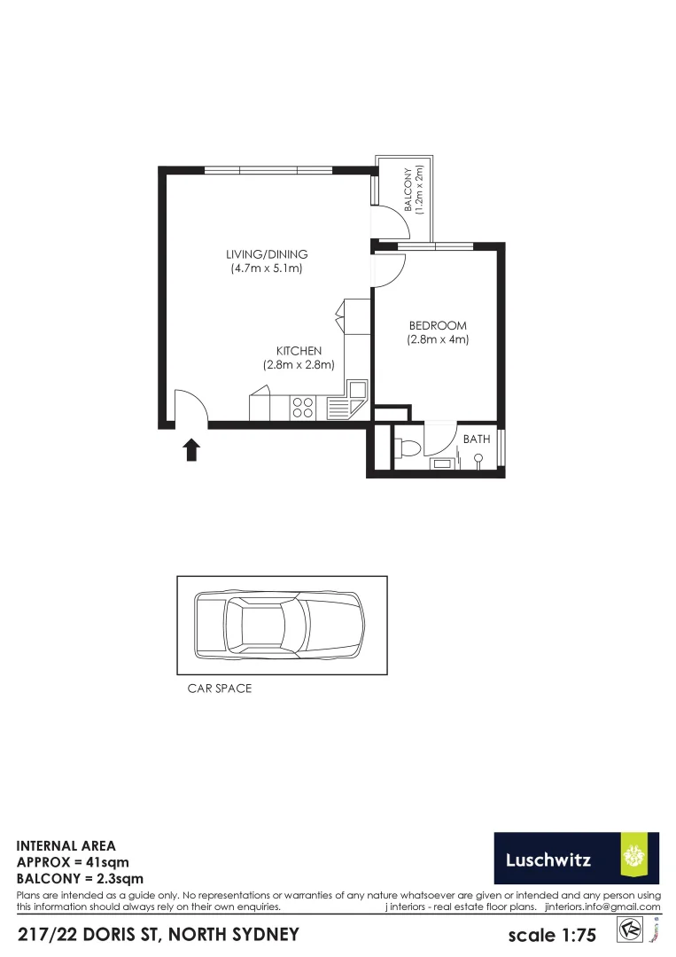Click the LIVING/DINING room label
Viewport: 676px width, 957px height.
tap(267, 254)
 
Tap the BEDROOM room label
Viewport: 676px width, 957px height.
tap(438, 325)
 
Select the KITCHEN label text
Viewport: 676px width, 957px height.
tap(298, 351)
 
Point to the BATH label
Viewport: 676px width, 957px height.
tap(477, 439)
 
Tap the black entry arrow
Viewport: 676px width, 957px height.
tap(190, 449)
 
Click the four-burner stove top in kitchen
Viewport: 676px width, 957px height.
tap(303, 408)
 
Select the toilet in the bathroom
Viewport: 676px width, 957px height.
tap(408, 448)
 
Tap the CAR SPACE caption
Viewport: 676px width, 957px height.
tap(220, 689)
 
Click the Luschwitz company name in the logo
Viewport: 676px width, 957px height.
tap(548, 859)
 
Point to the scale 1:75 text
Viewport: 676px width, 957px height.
tap(552, 935)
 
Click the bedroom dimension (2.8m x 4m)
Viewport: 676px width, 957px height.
tap(438, 339)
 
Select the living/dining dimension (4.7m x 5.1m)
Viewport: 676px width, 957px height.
tap(267, 268)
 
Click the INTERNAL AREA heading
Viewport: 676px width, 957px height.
tap(66, 846)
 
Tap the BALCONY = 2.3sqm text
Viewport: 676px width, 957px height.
tap(80, 879)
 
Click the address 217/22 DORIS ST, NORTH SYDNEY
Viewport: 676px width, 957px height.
tap(159, 934)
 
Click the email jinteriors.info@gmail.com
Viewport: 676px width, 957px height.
tap(602, 906)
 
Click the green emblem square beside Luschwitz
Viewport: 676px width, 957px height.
tap(639, 858)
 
